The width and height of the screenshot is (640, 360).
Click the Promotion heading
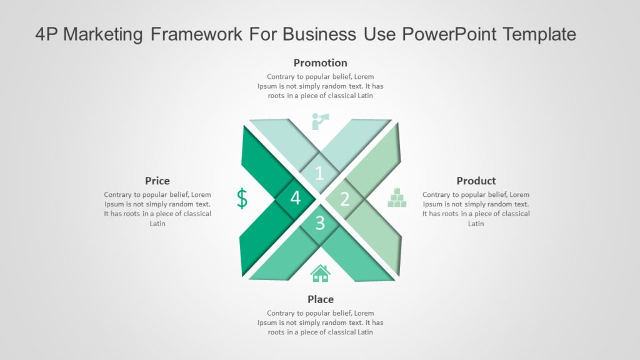point(320,62)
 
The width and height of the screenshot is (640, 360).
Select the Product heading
point(476,181)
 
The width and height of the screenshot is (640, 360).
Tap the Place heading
point(320,299)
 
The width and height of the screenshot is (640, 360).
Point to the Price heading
point(157,181)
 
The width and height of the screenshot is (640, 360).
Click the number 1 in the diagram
point(319,173)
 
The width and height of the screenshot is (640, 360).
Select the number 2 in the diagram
point(344,199)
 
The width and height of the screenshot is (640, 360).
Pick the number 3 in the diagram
point(320,222)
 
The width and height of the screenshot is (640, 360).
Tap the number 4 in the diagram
point(295,198)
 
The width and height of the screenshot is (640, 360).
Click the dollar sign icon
point(242,198)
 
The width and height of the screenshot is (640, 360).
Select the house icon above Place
point(320,273)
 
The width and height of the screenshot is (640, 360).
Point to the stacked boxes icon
point(397,197)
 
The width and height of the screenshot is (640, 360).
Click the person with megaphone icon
point(321,121)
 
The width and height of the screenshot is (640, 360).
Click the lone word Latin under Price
point(157,224)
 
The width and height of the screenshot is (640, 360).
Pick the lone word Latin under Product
point(476,224)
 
